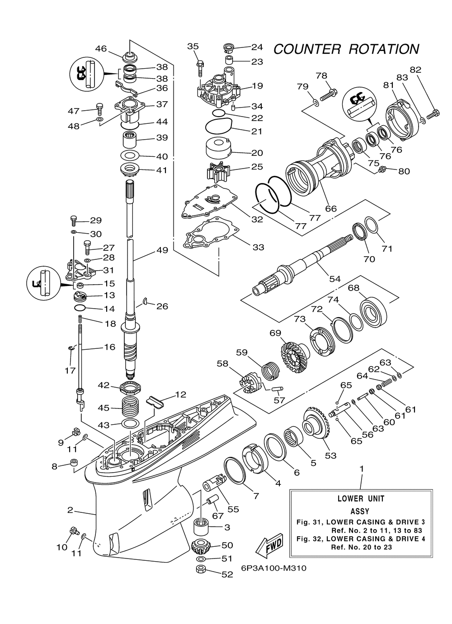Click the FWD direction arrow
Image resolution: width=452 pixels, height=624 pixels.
pyautogui.click(x=268, y=544)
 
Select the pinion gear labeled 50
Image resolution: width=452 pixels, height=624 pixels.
pyautogui.click(x=202, y=547)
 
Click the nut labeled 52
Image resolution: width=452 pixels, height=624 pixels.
pyautogui.click(x=202, y=569)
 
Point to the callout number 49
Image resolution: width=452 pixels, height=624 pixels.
pyautogui.click(x=162, y=250)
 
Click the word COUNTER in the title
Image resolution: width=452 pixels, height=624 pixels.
pyautogui.click(x=307, y=49)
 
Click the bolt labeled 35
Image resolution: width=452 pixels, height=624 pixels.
pyautogui.click(x=200, y=68)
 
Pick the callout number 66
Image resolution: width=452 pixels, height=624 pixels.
pyautogui.click(x=331, y=208)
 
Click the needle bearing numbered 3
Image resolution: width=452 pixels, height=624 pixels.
pyautogui.click(x=202, y=526)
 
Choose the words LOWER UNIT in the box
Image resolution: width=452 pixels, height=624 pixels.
pyautogui.click(x=361, y=499)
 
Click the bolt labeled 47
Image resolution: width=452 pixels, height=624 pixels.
pyautogui.click(x=99, y=109)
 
